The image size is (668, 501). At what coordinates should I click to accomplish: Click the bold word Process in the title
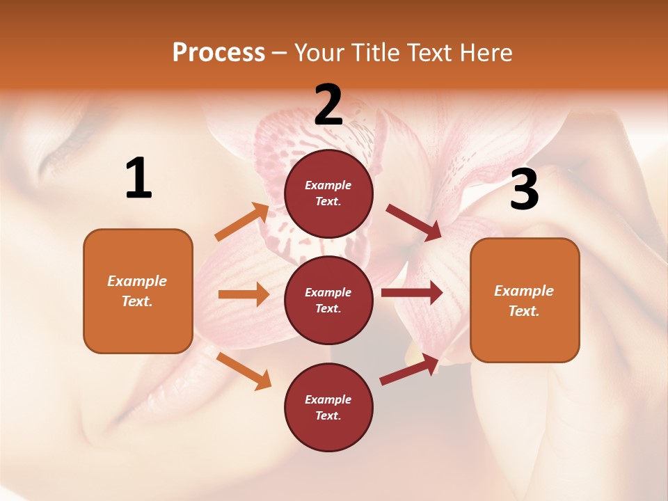218,53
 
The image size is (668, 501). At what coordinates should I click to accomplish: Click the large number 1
138,179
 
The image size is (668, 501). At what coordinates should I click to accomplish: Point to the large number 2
328,104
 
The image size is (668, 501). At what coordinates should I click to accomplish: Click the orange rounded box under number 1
138,291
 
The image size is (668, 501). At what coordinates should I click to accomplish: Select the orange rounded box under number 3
525,301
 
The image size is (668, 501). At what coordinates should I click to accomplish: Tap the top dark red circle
328,193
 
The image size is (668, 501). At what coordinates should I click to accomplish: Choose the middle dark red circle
328,300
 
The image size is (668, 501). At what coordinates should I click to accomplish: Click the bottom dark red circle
328,407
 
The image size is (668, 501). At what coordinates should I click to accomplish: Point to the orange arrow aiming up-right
242,222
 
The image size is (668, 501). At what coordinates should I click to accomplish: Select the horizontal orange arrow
244,294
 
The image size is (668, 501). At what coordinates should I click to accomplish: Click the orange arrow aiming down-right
244,370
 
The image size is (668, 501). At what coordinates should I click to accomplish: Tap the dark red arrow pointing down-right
414,223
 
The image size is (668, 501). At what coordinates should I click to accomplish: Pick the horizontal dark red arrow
411,293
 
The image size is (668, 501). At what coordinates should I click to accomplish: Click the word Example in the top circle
328,185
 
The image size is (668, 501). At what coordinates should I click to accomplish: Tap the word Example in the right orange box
524,291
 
